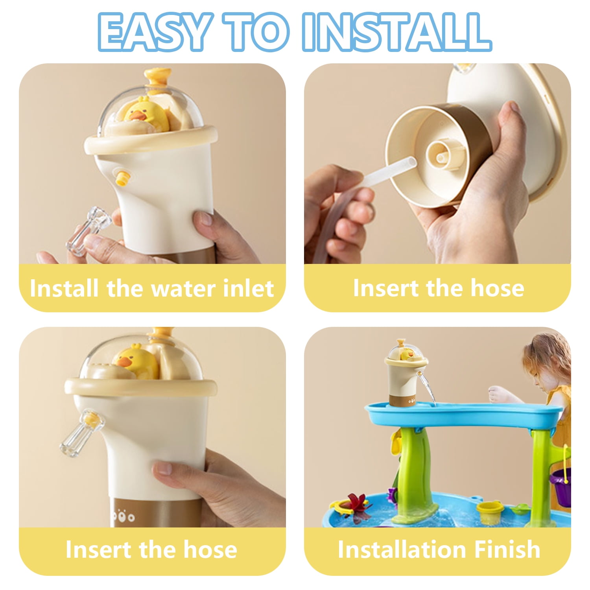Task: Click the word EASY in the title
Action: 153,32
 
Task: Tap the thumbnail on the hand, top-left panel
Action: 203,218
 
